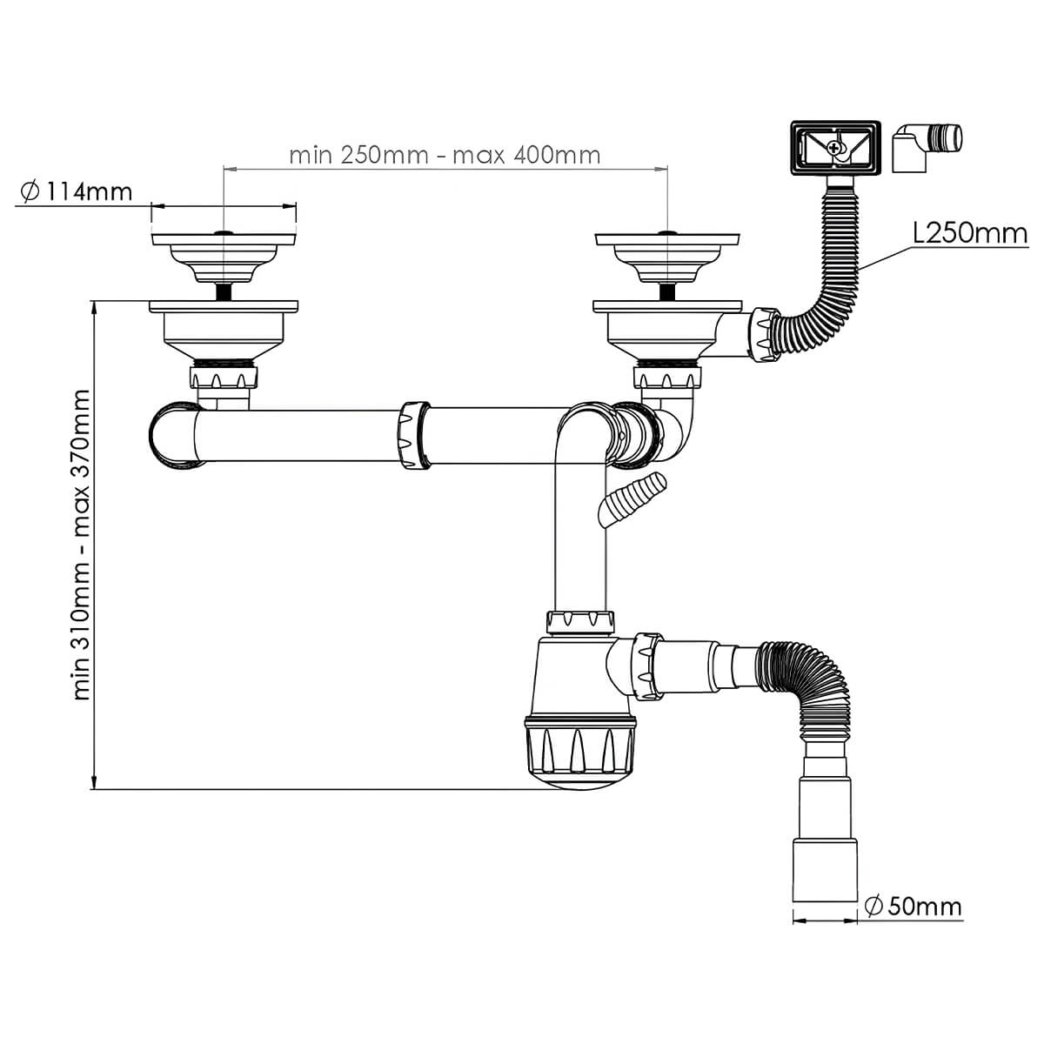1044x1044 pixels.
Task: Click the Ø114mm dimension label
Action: point(77,191)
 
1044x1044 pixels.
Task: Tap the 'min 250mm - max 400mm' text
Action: point(445,156)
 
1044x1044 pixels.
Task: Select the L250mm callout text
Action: point(970,234)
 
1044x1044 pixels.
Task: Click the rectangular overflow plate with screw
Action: point(836,147)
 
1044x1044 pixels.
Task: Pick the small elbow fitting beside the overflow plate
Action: point(927,147)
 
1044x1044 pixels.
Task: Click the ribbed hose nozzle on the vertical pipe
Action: point(632,499)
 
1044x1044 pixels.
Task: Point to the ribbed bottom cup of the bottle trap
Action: point(579,751)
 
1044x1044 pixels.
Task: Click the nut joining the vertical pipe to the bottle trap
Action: point(580,623)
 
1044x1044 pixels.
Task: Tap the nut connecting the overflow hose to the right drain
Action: point(765,334)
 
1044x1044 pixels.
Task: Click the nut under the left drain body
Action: point(224,377)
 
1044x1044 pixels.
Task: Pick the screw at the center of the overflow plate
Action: point(835,147)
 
